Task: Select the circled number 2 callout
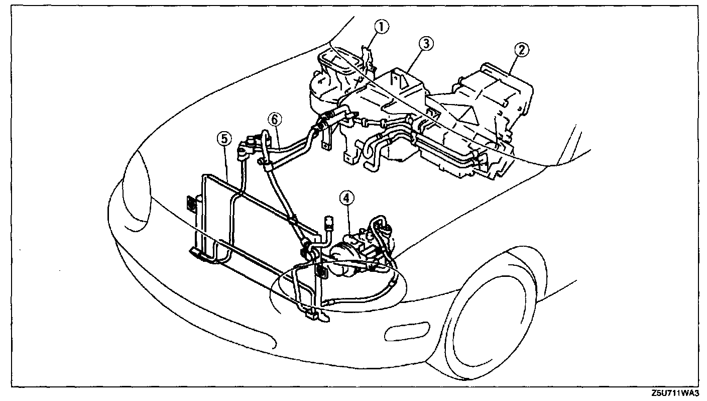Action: click(522, 49)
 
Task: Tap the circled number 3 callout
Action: click(425, 44)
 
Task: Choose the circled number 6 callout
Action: click(274, 120)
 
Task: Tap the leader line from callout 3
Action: click(415, 60)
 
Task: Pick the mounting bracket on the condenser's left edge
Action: click(191, 204)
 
